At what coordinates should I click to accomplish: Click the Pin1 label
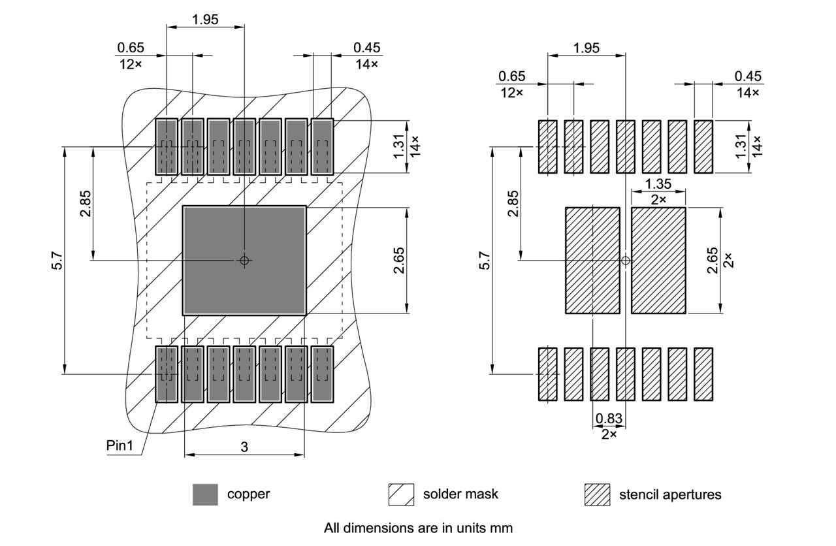(x=120, y=445)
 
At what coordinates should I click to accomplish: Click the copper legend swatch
(x=205, y=494)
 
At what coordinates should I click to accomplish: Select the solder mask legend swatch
(x=401, y=494)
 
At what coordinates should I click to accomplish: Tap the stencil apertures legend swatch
(x=597, y=494)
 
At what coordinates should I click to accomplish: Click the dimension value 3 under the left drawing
(x=244, y=447)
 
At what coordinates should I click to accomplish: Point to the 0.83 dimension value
(x=609, y=419)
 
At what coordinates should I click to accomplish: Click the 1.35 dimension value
(x=658, y=184)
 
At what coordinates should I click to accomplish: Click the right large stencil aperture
(x=658, y=261)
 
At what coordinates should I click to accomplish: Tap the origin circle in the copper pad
(x=244, y=261)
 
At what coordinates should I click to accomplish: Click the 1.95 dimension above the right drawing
(x=586, y=48)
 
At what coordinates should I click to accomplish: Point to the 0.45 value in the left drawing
(x=366, y=48)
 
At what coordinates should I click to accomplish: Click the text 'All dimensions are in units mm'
(x=418, y=528)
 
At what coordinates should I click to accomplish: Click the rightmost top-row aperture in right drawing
(x=703, y=146)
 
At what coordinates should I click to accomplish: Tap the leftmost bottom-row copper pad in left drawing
(x=167, y=374)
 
